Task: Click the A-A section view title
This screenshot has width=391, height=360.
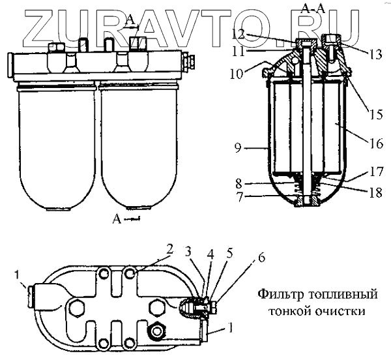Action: pos(306,8)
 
